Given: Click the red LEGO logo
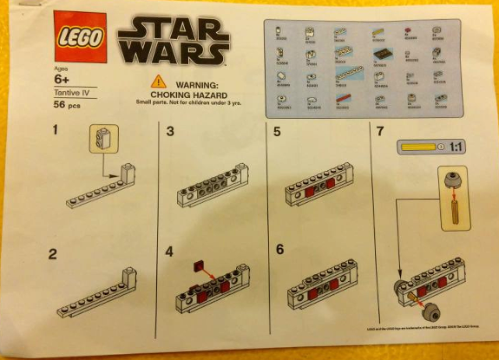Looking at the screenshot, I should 80,37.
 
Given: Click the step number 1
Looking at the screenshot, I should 56,131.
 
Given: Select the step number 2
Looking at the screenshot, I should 54,254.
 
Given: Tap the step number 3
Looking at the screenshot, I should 171,132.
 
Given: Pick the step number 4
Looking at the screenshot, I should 171,254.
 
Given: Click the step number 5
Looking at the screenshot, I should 277,132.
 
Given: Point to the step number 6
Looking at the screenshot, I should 279,249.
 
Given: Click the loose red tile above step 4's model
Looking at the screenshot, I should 200,265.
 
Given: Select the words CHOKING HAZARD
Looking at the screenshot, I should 184,94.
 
